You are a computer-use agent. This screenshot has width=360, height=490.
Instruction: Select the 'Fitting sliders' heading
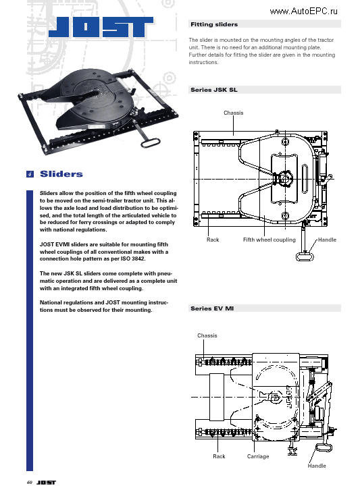point(214,24)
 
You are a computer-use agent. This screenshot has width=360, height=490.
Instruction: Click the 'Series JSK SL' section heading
point(214,89)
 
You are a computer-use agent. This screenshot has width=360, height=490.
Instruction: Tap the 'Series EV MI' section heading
point(213,308)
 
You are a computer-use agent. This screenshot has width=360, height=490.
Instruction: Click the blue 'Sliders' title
point(61,174)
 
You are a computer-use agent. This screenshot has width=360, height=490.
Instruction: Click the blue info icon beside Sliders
point(30,174)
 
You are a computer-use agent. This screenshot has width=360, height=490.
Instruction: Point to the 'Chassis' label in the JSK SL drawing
point(233,113)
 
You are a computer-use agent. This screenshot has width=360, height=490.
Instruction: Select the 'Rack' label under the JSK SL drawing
point(213,240)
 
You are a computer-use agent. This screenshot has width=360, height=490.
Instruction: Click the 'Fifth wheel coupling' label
point(269,240)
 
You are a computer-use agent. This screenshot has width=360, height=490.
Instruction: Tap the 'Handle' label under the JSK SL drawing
point(327,240)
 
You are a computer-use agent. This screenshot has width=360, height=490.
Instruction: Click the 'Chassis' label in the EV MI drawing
point(207,335)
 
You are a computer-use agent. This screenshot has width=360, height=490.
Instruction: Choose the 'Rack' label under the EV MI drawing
point(219,456)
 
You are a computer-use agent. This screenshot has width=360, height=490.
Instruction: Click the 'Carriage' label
point(258,456)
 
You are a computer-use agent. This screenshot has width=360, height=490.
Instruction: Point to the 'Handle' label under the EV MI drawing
point(316,466)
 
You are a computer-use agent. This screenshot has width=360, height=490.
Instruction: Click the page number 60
point(29,483)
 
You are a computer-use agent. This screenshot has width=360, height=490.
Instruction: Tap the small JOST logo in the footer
point(46,483)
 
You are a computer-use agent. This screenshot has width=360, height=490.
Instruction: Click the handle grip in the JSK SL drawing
point(305,255)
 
